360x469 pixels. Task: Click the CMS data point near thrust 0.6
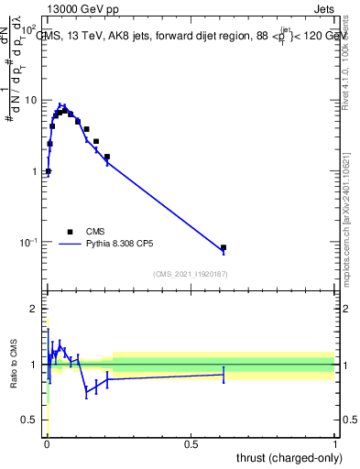pyautogui.click(x=224, y=247)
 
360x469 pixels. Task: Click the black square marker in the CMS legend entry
pyautogui.click(x=69, y=232)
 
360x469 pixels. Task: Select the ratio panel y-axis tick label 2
pyautogui.click(x=34, y=309)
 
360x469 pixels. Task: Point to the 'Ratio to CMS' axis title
pyautogui.click(x=15, y=364)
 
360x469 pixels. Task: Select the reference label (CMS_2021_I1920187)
pyautogui.click(x=190, y=274)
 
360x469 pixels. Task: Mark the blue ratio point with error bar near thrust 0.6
pyautogui.click(x=224, y=375)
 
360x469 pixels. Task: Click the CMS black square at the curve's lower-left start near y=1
pyautogui.click(x=48, y=171)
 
